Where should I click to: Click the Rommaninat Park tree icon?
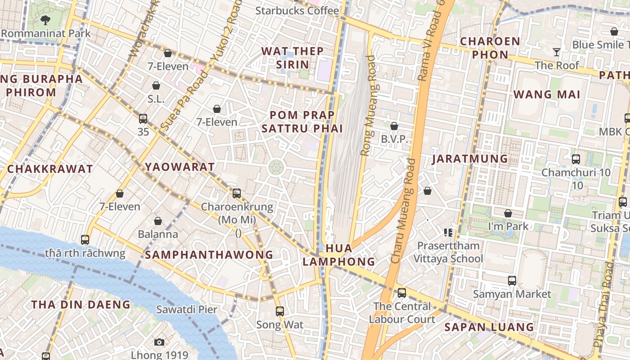point(45,20)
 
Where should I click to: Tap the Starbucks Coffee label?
point(297,10)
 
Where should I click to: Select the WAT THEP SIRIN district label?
point(292,58)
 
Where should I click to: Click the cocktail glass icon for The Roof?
point(557,52)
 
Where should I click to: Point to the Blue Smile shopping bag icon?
point(614,31)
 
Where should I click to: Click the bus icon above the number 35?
point(143,119)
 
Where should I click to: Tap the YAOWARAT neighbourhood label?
point(180,167)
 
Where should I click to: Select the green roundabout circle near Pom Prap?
point(276,167)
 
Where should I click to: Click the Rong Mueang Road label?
point(368,106)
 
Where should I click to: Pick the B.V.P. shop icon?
point(394,126)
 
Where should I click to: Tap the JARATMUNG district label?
point(470,159)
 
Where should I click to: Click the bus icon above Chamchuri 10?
point(576,159)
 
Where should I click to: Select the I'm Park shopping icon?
point(508,213)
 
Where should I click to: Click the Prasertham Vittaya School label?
point(448,252)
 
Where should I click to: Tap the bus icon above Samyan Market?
point(512,281)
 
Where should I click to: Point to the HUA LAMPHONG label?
point(338,255)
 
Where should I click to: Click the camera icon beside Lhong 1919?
point(159,342)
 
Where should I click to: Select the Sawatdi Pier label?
point(186,310)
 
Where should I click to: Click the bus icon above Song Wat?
point(279,311)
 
